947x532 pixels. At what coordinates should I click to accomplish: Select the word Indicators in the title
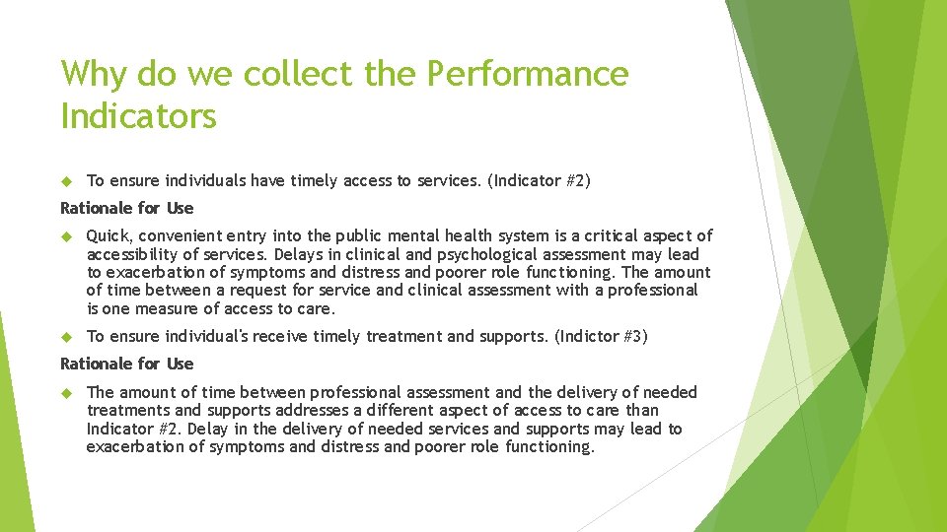point(138,116)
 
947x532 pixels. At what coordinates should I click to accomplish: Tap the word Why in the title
point(94,74)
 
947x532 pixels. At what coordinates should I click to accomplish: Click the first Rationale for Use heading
point(127,208)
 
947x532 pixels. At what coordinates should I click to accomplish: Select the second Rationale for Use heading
point(127,364)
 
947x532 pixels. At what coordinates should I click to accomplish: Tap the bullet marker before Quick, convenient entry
point(68,236)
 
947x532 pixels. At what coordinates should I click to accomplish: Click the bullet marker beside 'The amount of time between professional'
point(68,392)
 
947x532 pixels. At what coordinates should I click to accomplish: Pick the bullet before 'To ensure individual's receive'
point(68,337)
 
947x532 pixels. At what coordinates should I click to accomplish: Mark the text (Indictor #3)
point(602,337)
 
